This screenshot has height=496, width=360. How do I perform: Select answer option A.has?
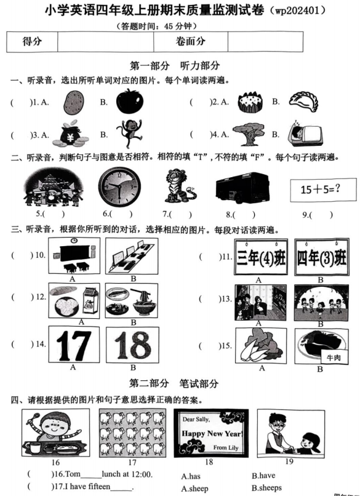[192, 476]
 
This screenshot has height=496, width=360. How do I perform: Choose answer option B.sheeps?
[266, 488]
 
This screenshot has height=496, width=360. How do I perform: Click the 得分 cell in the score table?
[31, 41]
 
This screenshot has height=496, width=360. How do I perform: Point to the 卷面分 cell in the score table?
[190, 41]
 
